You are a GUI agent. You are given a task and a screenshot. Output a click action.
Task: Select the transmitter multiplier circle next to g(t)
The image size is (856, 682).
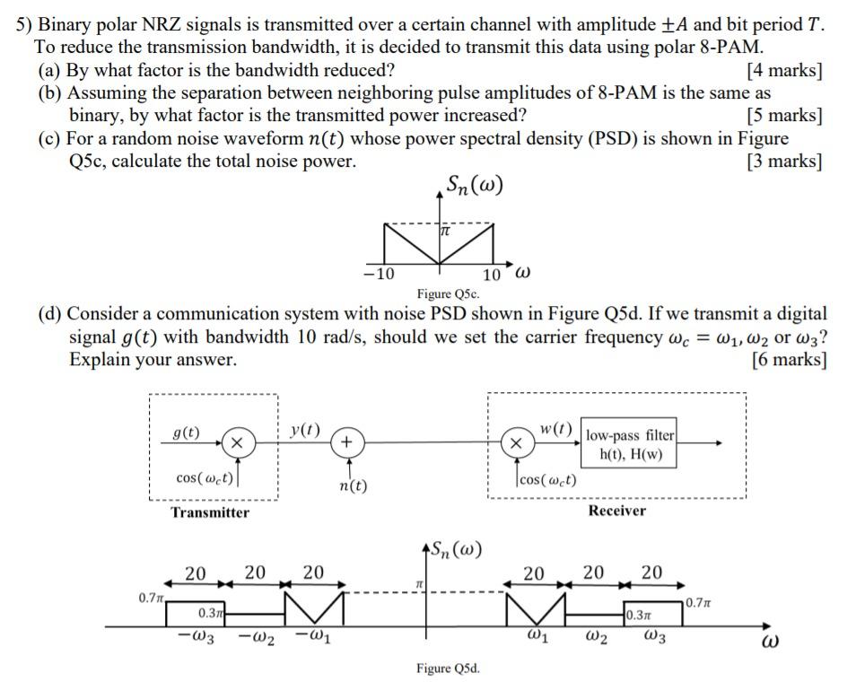tap(236, 442)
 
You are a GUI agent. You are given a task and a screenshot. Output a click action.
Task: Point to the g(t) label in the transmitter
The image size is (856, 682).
tap(186, 433)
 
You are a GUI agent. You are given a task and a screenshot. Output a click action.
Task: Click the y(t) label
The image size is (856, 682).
tap(305, 429)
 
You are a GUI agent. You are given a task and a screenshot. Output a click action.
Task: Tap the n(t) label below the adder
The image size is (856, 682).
tap(353, 485)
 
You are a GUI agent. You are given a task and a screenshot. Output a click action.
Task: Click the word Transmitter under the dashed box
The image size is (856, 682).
tap(210, 512)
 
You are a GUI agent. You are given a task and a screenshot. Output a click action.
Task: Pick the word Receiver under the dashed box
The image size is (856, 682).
tap(616, 511)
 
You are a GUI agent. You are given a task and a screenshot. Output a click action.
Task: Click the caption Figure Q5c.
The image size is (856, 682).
tap(448, 293)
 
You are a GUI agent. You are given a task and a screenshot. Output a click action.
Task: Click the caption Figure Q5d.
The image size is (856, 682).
tap(448, 668)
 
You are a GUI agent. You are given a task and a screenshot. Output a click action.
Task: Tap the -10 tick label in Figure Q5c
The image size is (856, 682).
tap(380, 274)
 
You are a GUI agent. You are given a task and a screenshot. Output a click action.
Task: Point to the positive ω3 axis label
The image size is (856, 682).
tap(656, 636)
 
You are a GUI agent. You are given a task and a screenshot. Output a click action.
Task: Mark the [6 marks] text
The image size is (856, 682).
tap(789, 360)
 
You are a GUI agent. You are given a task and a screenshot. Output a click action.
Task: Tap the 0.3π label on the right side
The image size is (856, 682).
tap(641, 616)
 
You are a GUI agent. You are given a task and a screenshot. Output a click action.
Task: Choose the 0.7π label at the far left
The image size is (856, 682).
tap(150, 597)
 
